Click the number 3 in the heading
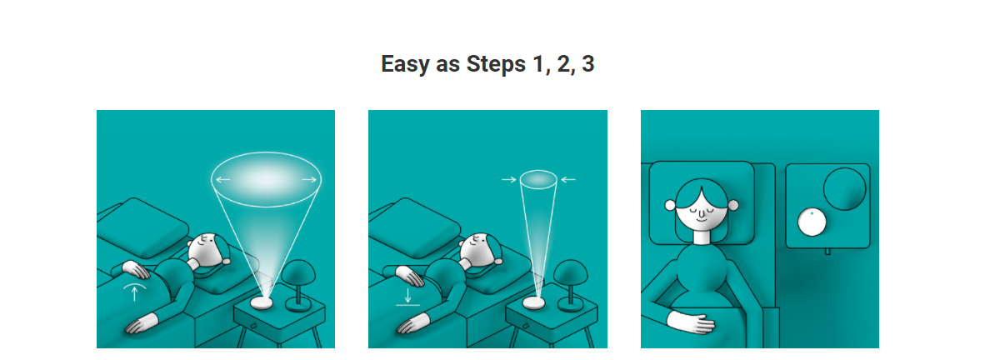click(x=587, y=64)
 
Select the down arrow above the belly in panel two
click(x=408, y=295)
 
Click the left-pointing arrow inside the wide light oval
click(x=223, y=180)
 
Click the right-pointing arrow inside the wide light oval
click(x=309, y=180)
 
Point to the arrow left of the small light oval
click(x=509, y=180)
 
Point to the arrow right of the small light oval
click(x=567, y=180)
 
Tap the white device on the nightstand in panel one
click(x=262, y=302)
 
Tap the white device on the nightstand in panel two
click(x=535, y=302)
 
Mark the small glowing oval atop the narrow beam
click(x=538, y=179)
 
